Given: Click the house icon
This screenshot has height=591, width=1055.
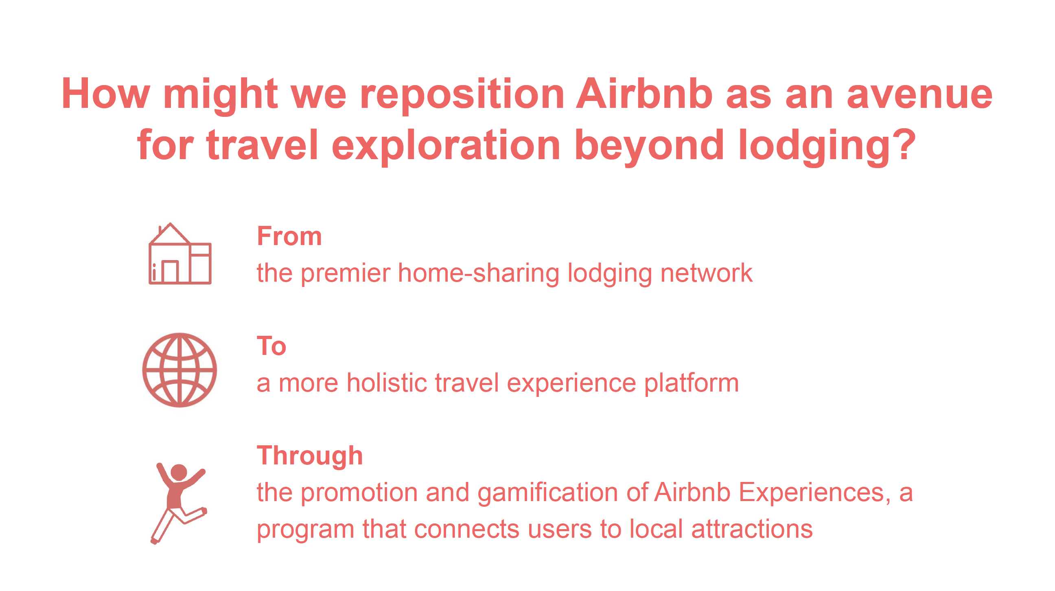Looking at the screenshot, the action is (180, 254).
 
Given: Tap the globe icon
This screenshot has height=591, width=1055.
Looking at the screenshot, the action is (179, 370).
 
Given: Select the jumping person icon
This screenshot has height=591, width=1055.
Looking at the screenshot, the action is (179, 503).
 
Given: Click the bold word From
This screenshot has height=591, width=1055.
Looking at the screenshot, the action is (289, 236).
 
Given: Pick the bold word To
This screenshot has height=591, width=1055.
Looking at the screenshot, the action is (271, 346).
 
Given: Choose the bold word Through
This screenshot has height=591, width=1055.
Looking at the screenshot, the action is (310, 456).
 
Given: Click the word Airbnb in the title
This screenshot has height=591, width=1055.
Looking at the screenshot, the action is (644, 94).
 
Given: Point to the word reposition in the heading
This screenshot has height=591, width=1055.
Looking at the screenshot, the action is (462, 96).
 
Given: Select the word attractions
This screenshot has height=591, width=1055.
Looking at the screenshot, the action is (752, 529).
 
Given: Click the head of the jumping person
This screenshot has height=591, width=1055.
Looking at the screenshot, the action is (179, 472).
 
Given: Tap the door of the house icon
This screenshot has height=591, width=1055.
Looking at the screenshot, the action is (170, 271).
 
